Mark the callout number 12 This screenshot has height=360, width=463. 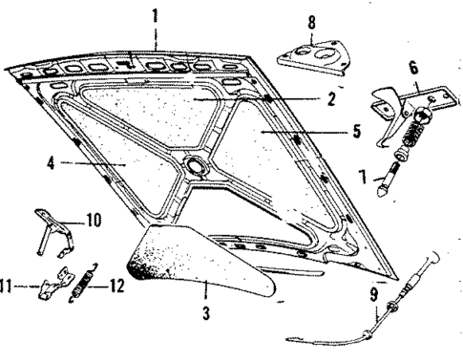point(116,285)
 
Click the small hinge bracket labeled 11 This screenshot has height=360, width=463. point(52,286)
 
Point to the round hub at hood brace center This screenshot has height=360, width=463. point(200,166)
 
